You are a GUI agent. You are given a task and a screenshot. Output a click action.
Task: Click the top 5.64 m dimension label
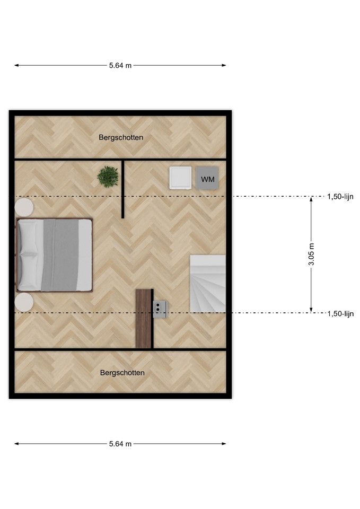coord(120,65)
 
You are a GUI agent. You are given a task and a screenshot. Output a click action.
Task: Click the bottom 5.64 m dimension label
coord(120,444)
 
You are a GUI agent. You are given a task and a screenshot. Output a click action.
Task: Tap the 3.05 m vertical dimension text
coord(311,254)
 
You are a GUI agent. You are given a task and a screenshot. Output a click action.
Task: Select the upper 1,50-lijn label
coord(340,196)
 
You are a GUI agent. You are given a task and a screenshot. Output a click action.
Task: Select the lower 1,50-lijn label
coord(340,313)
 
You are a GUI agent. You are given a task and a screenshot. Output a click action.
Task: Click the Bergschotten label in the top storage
coord(121,137)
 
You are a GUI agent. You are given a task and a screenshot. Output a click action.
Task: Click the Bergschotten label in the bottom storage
coord(122,373)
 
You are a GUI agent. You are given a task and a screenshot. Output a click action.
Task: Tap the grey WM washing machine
coord(207,178)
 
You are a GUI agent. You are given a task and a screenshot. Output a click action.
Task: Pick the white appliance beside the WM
coord(180,178)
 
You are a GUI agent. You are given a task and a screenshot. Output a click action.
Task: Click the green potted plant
coord(108,176)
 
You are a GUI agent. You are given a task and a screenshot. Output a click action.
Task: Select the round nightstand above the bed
coord(24,207)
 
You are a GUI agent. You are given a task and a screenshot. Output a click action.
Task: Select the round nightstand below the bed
coord(24,302)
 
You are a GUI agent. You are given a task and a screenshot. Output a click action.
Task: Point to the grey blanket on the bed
coord(60,255)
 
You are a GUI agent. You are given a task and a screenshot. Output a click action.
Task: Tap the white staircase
coord(208,284)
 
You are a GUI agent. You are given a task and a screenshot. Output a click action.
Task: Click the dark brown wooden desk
coord(144,319)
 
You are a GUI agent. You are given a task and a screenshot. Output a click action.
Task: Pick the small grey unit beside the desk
coord(160,309)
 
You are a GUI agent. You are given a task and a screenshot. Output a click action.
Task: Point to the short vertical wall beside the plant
coord(123,189)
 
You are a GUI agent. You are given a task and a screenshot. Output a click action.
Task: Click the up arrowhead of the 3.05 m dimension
coord(311,199)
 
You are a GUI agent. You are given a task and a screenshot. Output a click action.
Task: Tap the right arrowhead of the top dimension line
coord(224,65)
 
